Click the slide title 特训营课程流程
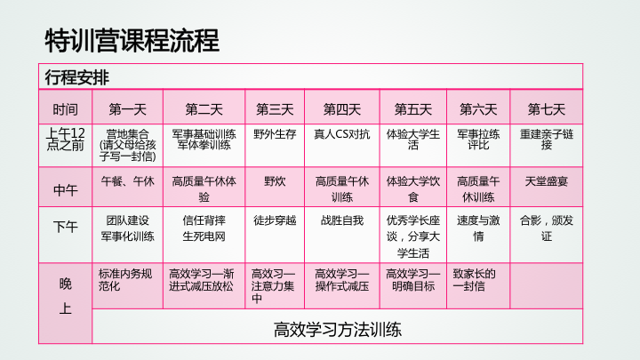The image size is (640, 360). click(x=132, y=41)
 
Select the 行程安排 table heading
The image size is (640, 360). click(x=77, y=77)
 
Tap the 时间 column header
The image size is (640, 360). click(x=65, y=109)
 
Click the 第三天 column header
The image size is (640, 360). click(x=275, y=109)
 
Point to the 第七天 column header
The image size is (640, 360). click(x=547, y=109)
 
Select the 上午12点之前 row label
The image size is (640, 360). click(x=65, y=140)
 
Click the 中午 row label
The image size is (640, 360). click(x=65, y=190)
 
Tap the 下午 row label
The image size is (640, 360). click(x=65, y=227)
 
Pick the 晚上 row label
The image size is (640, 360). click(x=65, y=296)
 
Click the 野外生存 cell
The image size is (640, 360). click(x=275, y=134)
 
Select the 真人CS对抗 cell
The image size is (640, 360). click(x=342, y=134)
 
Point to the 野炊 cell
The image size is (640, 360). click(x=275, y=180)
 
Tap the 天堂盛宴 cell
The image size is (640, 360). click(x=547, y=180)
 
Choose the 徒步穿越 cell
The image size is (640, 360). click(x=275, y=220)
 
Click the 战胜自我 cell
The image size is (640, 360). click(x=342, y=220)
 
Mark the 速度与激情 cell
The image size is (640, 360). click(x=478, y=228)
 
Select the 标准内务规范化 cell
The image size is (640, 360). click(x=125, y=280)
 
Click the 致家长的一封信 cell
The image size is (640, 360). click(x=475, y=280)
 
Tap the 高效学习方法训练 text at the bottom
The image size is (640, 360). click(x=338, y=330)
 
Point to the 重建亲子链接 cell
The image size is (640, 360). click(x=547, y=140)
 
